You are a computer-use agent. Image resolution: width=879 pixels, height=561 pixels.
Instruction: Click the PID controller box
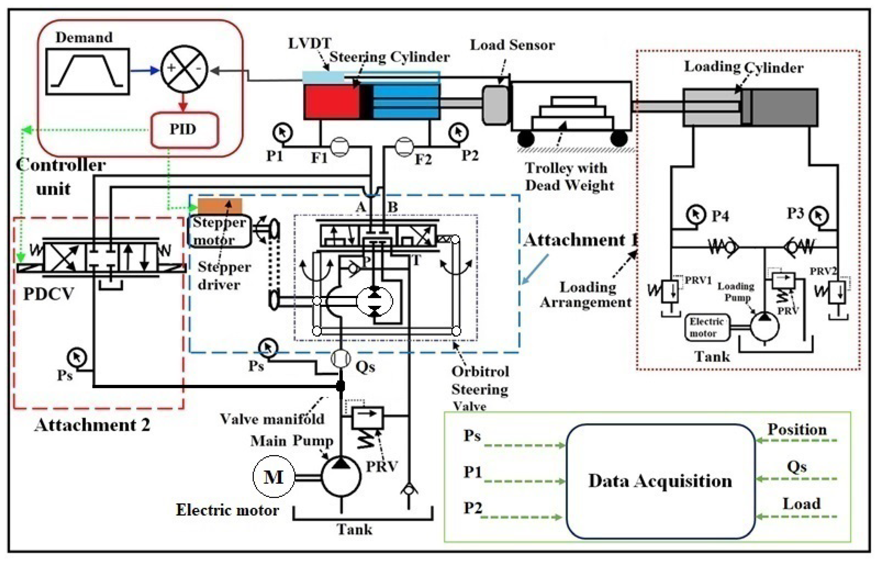click(184, 130)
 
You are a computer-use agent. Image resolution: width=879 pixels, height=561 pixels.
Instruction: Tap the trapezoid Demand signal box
click(88, 71)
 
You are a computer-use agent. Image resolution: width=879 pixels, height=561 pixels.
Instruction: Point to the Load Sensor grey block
click(495, 105)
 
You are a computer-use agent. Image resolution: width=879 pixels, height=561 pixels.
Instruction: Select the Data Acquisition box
click(660, 481)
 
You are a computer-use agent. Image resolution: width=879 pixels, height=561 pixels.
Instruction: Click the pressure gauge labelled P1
click(282, 133)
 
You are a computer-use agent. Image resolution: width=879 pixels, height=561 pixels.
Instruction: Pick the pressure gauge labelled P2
click(458, 133)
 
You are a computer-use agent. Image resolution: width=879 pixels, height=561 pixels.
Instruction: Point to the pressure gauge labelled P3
click(819, 216)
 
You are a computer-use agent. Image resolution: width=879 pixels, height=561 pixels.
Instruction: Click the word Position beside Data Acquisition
click(797, 430)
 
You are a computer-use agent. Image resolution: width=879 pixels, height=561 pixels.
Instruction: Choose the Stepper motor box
click(219, 231)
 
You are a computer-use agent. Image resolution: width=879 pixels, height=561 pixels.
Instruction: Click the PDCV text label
click(48, 294)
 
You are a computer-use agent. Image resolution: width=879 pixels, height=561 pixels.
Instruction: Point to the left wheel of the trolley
click(526, 139)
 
